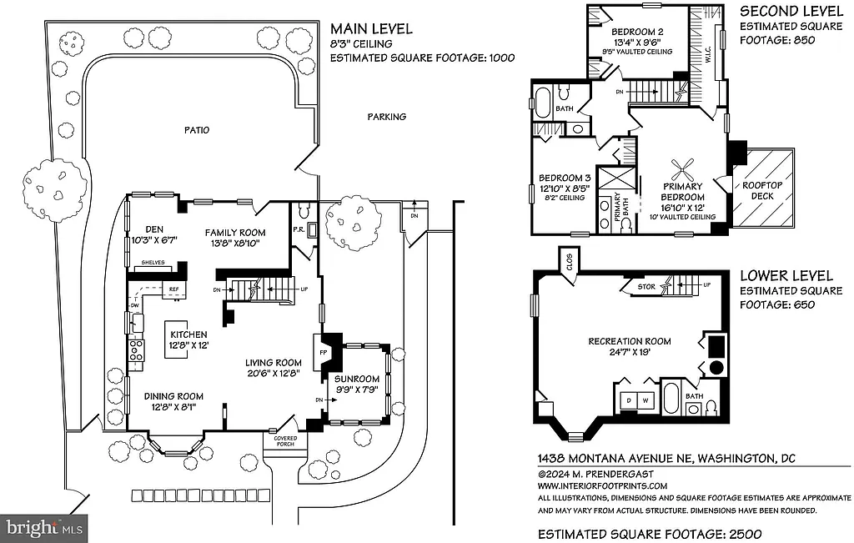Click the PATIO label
pyautogui.click(x=198, y=130)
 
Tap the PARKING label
pyautogui.click(x=387, y=117)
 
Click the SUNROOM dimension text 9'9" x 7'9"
pyautogui.click(x=357, y=387)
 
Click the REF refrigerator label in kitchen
pyautogui.click(x=174, y=289)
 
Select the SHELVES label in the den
pyautogui.click(x=153, y=262)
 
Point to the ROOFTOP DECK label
pyautogui.click(x=758, y=191)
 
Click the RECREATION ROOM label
pyautogui.click(x=630, y=341)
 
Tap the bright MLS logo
pyautogui.click(x=45, y=527)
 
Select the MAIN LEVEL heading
pyautogui.click(x=371, y=29)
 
